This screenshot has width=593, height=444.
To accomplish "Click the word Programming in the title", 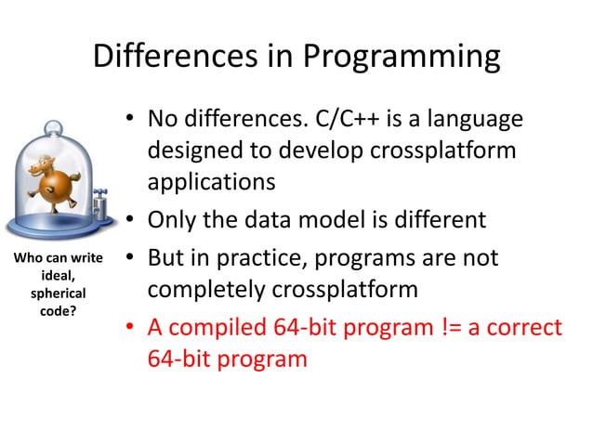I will [402, 58].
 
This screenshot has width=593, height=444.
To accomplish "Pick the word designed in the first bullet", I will [191, 150].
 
